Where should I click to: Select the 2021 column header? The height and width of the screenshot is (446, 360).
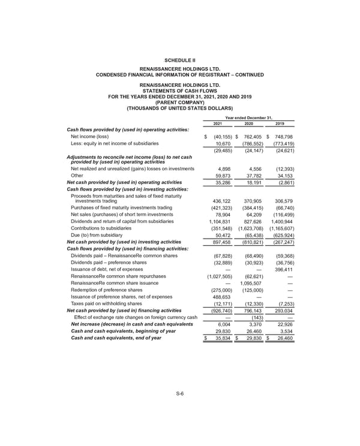coord(217,124)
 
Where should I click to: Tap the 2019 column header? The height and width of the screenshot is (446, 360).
coord(280,124)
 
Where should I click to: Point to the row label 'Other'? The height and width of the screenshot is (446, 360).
coord(78,176)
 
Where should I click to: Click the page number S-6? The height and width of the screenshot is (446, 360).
coord(179,393)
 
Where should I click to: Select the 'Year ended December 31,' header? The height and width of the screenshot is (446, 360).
coord(248,117)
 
